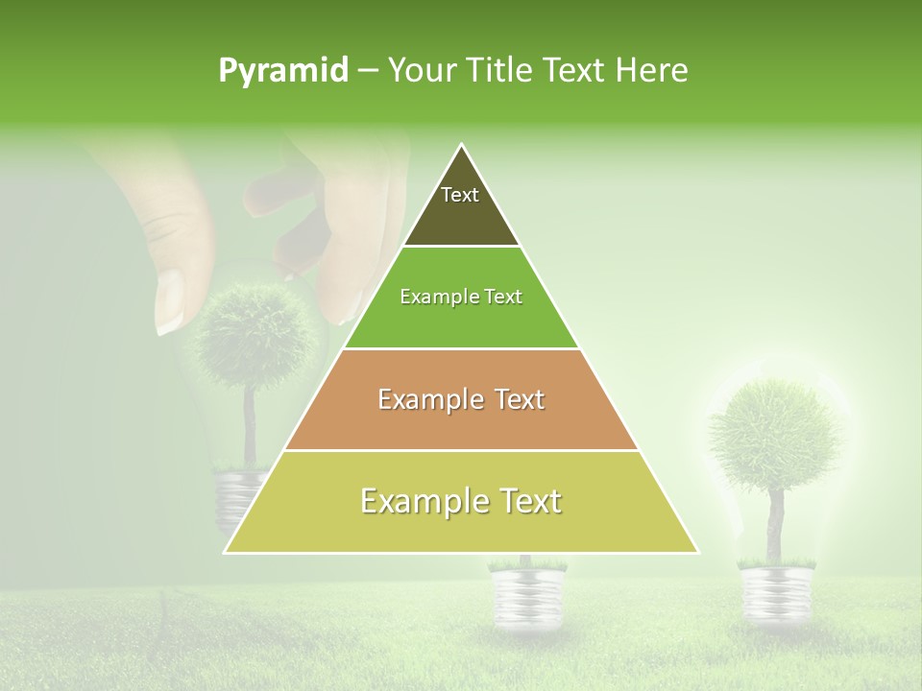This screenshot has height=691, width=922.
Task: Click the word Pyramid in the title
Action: [282, 71]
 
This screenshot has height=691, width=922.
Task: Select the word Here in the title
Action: [652, 71]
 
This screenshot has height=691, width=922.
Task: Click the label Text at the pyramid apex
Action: [460, 195]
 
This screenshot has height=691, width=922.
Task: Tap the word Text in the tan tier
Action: [515, 399]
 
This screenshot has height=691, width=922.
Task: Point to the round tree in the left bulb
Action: [257, 336]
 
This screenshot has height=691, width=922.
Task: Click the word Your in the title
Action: [419, 71]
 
